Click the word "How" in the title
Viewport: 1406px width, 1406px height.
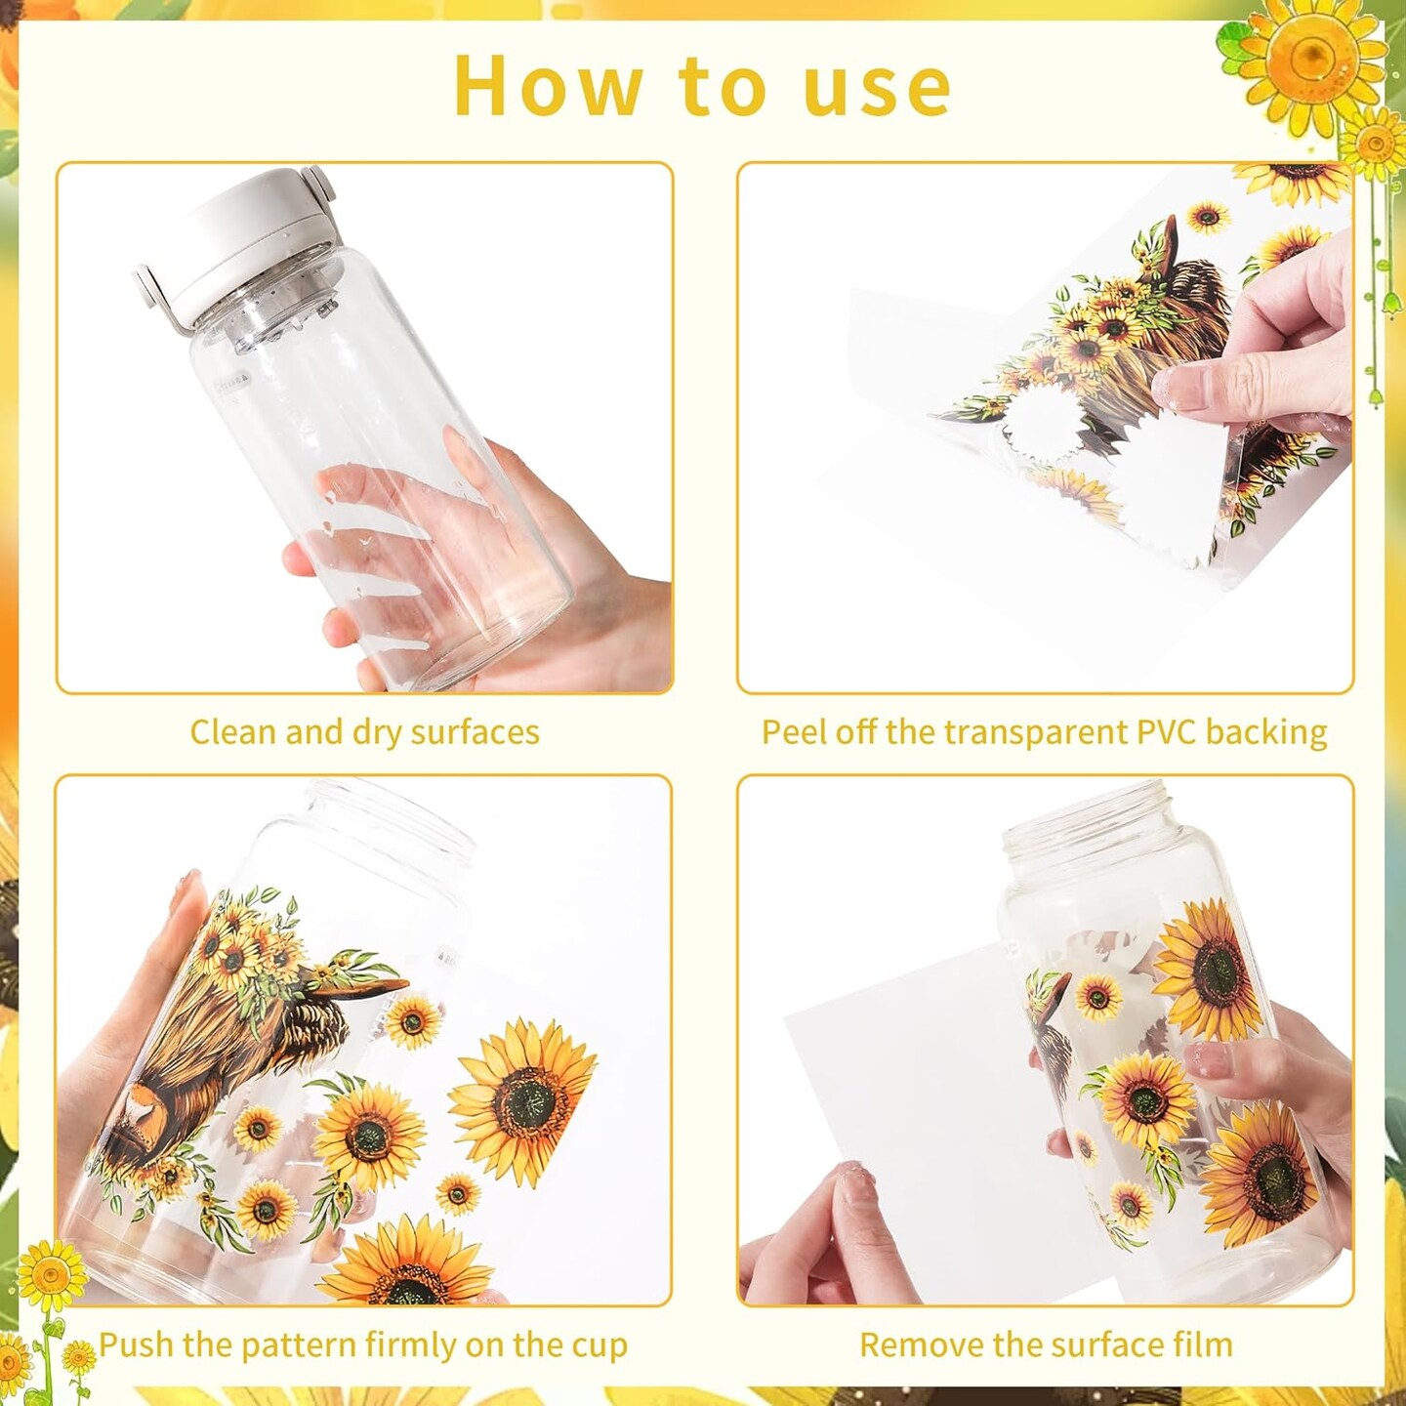[548, 85]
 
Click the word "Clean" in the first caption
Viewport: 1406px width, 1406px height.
[233, 731]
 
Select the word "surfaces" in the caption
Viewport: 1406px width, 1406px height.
[475, 732]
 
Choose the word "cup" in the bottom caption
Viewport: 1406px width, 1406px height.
[601, 1347]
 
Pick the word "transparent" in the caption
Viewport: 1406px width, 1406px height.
[1036, 732]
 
